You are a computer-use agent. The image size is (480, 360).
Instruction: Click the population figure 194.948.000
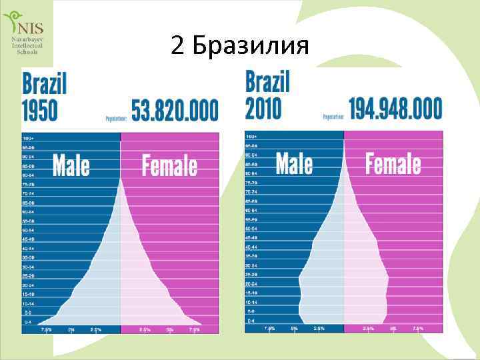click(x=395, y=107)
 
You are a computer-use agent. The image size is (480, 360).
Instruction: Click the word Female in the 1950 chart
click(x=169, y=165)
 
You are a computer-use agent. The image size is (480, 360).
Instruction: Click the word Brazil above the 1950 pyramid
click(x=45, y=85)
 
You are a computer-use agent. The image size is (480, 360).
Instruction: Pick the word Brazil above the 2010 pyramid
click(x=268, y=82)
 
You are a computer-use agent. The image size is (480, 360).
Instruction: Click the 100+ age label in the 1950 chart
click(x=28, y=138)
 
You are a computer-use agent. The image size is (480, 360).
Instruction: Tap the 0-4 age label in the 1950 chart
click(x=28, y=322)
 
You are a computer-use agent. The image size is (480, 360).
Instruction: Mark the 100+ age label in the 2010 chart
click(x=251, y=136)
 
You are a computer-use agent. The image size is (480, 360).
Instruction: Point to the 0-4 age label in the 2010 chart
click(x=251, y=321)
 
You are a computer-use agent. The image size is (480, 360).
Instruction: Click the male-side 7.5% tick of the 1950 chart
click(x=47, y=329)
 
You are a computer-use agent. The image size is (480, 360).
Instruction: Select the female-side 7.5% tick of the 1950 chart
click(x=193, y=329)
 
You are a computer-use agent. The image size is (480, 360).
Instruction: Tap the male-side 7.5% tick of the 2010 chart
click(x=270, y=328)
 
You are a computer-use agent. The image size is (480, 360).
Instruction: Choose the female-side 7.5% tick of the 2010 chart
click(x=417, y=328)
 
